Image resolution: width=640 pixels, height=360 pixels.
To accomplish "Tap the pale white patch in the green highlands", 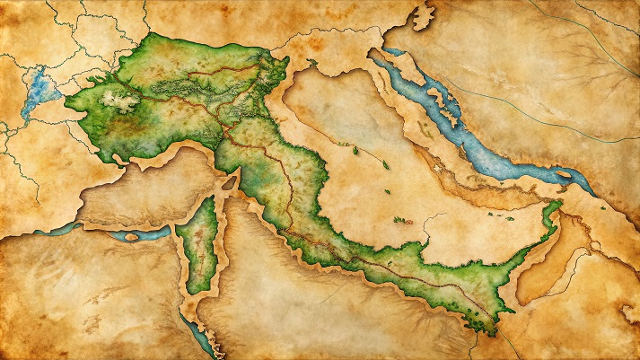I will tap(117, 98).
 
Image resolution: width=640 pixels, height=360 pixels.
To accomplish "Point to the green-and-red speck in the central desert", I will tap(398, 219).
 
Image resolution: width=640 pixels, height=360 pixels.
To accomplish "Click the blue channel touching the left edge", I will tap(36, 230).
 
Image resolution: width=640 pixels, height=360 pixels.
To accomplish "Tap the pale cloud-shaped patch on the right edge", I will tap(627, 312).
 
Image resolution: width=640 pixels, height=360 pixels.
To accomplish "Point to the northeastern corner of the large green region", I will tap(285, 61).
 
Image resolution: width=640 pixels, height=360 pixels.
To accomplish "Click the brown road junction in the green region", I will tap(224, 135).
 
